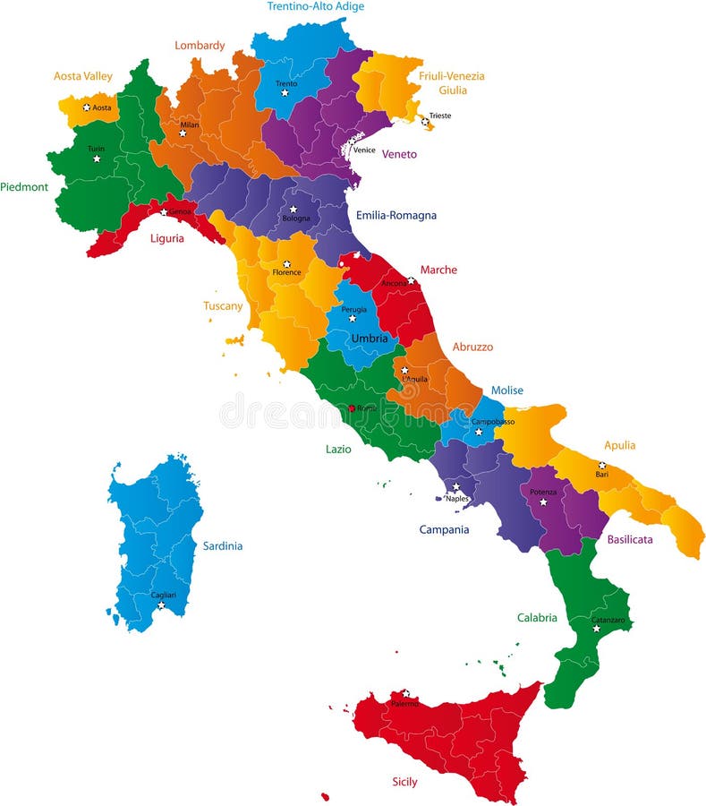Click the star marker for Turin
coord(96,159)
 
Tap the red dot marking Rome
coord(351,408)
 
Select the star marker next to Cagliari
coord(161,605)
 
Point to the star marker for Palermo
coord(405,693)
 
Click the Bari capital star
coord(602,465)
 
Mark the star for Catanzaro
coord(596,628)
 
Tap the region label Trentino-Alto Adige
coord(316,6)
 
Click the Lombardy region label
coord(200,45)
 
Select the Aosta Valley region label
coord(83,76)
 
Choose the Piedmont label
coord(24,187)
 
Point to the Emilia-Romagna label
coord(396,215)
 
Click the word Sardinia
coord(223,545)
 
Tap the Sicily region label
coord(404,782)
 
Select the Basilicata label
coord(630,539)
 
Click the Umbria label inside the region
coord(370,339)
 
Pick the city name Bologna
coord(296,219)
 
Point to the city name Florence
coord(287,272)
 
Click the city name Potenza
coord(543,492)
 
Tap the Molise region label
coord(506,390)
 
